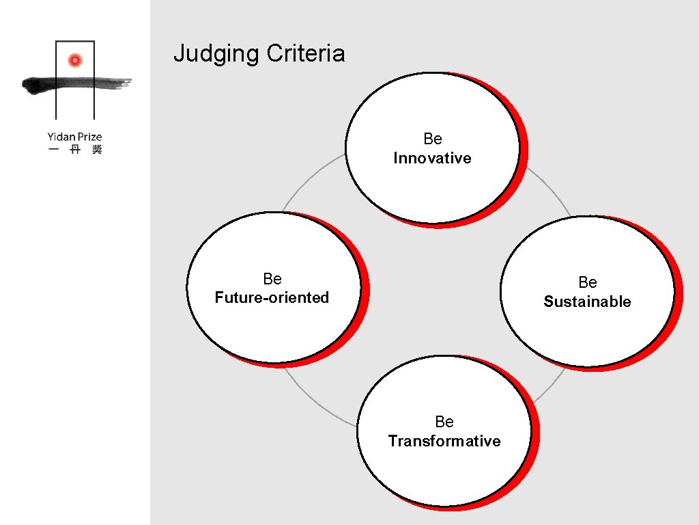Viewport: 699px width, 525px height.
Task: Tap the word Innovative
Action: tap(432, 158)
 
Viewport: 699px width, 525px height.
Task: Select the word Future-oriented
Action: tap(272, 297)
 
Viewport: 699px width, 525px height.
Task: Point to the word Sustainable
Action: tap(587, 301)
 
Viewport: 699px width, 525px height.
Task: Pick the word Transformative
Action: tap(444, 441)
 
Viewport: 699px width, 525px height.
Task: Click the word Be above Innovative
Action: tap(433, 139)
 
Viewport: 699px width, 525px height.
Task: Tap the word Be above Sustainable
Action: tap(588, 282)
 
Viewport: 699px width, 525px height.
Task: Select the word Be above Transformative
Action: tap(444, 422)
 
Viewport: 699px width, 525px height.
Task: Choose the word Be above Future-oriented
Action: tap(272, 279)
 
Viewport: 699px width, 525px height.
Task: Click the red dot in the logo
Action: tap(75, 61)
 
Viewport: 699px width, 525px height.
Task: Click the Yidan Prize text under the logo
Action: tap(75, 137)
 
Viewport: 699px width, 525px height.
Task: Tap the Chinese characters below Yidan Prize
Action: tap(75, 150)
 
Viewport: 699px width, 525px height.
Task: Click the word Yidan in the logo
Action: tap(61, 137)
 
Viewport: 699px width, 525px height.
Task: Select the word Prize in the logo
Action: tap(89, 137)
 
